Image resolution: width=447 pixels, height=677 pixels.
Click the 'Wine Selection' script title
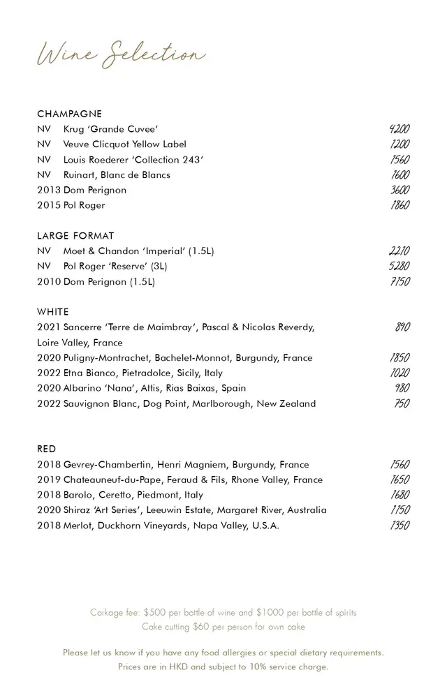(122, 54)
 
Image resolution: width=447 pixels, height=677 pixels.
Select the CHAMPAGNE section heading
(69, 114)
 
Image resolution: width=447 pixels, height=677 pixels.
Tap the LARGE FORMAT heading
(75, 236)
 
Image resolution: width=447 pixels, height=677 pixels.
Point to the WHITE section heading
(53, 312)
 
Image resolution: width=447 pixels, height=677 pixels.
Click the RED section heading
(47, 449)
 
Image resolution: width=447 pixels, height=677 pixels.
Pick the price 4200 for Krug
(399, 129)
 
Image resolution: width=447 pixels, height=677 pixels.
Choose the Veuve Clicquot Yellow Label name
(125, 144)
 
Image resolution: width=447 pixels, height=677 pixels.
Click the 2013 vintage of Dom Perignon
(49, 190)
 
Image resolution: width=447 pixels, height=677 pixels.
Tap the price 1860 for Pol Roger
(400, 205)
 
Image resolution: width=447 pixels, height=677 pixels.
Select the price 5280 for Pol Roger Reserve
(399, 266)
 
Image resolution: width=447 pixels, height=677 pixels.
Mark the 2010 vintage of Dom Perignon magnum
(49, 282)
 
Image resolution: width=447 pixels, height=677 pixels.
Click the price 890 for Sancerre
(402, 327)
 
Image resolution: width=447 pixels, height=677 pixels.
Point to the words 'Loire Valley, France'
(80, 343)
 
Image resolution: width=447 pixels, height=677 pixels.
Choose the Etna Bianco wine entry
(143, 373)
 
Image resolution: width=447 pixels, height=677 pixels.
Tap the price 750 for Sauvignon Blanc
(402, 403)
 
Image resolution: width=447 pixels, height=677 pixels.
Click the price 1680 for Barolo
(400, 495)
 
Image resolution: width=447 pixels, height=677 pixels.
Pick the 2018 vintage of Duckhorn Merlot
(49, 526)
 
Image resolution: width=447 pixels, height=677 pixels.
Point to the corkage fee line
(223, 613)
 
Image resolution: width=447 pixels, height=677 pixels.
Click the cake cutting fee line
(223, 627)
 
